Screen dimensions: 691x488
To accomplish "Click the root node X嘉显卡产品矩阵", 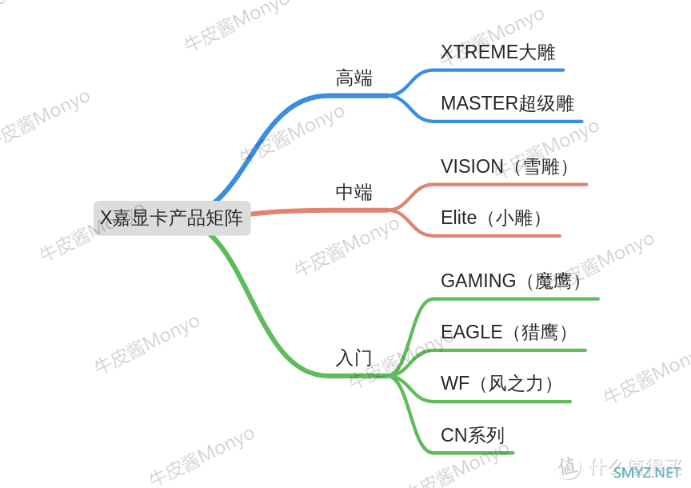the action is tap(172, 218).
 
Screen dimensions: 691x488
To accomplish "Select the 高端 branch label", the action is tap(353, 78).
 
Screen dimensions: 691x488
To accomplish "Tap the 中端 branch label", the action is tap(353, 192).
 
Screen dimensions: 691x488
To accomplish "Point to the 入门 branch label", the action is tap(353, 358).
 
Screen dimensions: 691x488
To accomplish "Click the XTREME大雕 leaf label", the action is tap(498, 52).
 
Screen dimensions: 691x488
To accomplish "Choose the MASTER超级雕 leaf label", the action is tap(507, 103).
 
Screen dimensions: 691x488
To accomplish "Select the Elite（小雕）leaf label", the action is tap(492, 218).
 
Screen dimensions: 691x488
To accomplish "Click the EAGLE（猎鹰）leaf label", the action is tap(505, 332).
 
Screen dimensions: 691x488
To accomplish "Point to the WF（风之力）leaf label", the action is tap(498, 383).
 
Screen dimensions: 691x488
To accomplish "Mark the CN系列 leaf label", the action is tap(473, 435).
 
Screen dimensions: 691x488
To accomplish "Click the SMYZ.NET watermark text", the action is tap(646, 473).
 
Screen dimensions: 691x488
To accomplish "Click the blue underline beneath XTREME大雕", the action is tap(497, 70).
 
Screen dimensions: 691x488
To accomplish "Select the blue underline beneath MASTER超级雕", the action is tap(507, 122).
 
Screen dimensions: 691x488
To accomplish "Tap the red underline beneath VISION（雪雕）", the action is tap(509, 185).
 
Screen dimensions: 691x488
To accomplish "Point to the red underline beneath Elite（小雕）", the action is tap(495, 236).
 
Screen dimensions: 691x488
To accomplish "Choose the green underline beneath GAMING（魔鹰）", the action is tap(515, 299).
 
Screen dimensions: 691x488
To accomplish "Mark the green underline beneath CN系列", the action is tap(472, 453).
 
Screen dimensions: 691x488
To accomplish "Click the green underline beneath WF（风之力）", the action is tap(501, 402).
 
